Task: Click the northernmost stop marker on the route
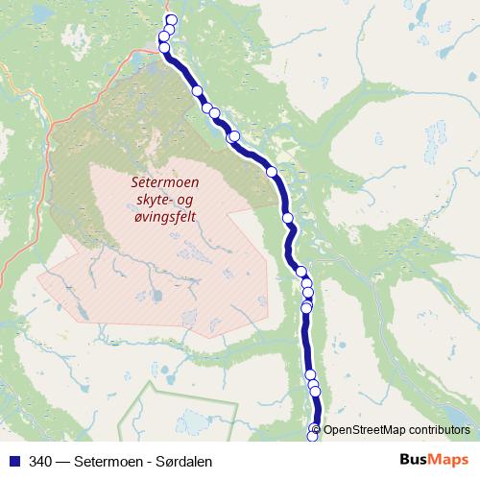pyautogui.click(x=172, y=20)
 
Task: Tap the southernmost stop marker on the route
pyautogui.click(x=312, y=437)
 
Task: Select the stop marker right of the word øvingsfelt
pyautogui.click(x=288, y=219)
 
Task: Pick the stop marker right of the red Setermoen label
pyautogui.click(x=272, y=172)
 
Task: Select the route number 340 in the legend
pyautogui.click(x=41, y=461)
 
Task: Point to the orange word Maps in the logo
pyautogui.click(x=447, y=460)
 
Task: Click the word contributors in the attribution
pyautogui.click(x=439, y=430)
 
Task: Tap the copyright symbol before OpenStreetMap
pyautogui.click(x=317, y=430)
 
